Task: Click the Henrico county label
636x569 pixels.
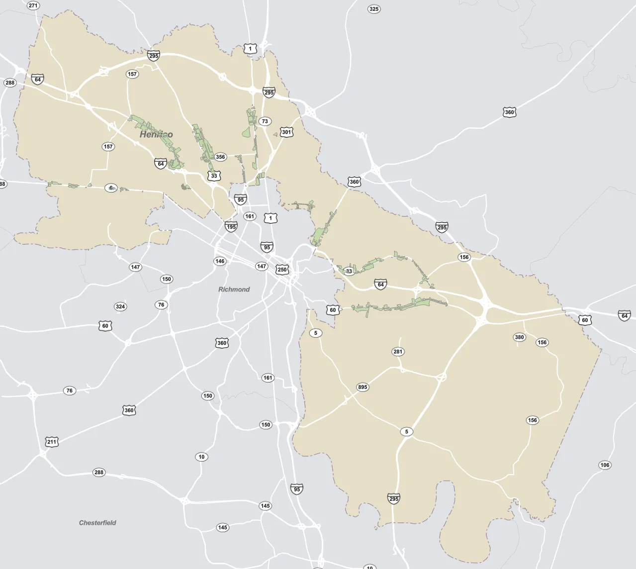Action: [156, 134]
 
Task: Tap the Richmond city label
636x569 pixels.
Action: [234, 289]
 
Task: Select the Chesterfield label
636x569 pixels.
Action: [97, 523]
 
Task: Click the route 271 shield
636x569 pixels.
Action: [33, 6]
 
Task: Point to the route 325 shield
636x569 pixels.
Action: [374, 9]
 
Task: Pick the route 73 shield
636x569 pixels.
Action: [265, 121]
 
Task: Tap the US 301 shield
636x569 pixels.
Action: [286, 132]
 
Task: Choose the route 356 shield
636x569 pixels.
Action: [220, 157]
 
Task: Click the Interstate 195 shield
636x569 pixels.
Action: [231, 227]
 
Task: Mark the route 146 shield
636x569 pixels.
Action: [220, 261]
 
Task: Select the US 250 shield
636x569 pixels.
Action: [282, 270]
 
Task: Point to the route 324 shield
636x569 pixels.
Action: [120, 306]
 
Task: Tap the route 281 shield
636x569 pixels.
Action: [398, 352]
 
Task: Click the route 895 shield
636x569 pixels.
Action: [363, 387]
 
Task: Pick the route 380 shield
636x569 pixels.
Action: [519, 337]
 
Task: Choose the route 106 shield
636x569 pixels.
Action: [605, 465]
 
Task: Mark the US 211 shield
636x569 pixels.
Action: [52, 442]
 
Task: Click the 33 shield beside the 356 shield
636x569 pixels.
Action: [214, 176]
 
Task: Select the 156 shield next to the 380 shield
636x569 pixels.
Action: [542, 342]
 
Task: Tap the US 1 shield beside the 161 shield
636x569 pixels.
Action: [270, 218]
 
